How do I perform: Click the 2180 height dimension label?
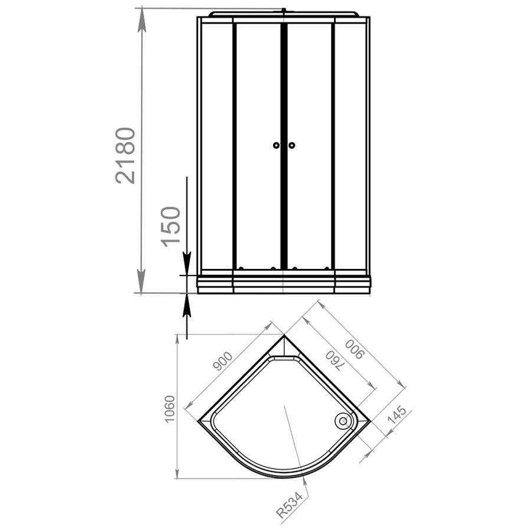pos(125,155)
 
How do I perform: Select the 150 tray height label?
pos(171,226)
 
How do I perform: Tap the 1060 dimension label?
pos(169,408)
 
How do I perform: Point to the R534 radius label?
pos(289,505)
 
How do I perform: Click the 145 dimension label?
pos(396,415)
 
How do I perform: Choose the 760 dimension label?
pos(333,360)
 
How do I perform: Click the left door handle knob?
pos(276,145)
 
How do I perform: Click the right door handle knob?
pos(291,145)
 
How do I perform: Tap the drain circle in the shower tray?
pos(343,421)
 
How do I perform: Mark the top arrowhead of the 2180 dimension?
pos(142,19)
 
